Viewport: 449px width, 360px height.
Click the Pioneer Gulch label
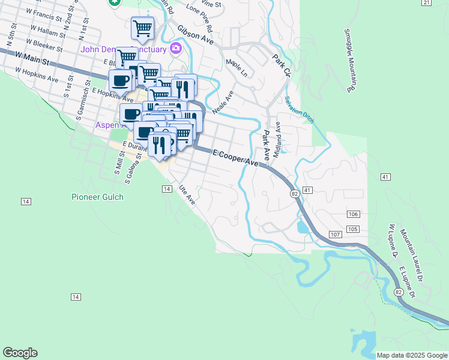(97, 197)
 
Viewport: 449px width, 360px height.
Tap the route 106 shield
(353, 214)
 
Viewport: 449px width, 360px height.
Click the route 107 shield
(334, 233)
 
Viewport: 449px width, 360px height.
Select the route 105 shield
(352, 229)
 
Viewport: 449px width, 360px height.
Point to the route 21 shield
(426, 3)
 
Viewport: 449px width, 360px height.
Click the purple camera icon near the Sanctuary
(176, 48)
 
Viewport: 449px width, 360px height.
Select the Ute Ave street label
(187, 196)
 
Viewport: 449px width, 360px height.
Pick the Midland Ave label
(277, 140)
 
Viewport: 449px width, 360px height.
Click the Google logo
(20, 353)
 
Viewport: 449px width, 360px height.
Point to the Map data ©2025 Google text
(412, 355)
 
